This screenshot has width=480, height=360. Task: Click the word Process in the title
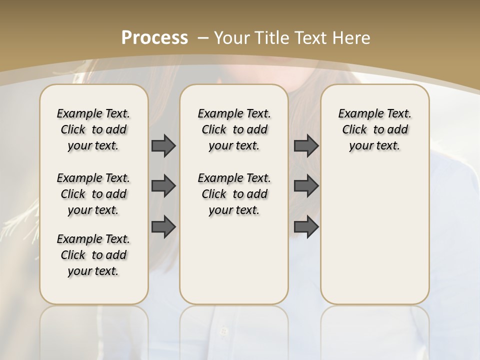154,37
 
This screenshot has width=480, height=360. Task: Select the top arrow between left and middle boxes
163,145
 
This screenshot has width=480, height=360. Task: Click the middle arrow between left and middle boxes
163,186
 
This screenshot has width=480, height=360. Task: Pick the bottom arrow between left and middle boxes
163,226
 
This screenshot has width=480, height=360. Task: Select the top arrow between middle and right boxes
306,145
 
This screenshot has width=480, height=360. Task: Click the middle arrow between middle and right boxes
306,186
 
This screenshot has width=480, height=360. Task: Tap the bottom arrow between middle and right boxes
306,226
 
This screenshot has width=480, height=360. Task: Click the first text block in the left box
93,129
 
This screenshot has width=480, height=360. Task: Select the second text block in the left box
93,194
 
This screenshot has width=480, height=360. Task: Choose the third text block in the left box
93,255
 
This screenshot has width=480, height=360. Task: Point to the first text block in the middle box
234,129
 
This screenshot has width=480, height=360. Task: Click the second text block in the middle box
234,194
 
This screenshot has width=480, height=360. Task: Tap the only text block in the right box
374,129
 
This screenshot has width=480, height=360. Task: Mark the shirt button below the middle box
223,330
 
